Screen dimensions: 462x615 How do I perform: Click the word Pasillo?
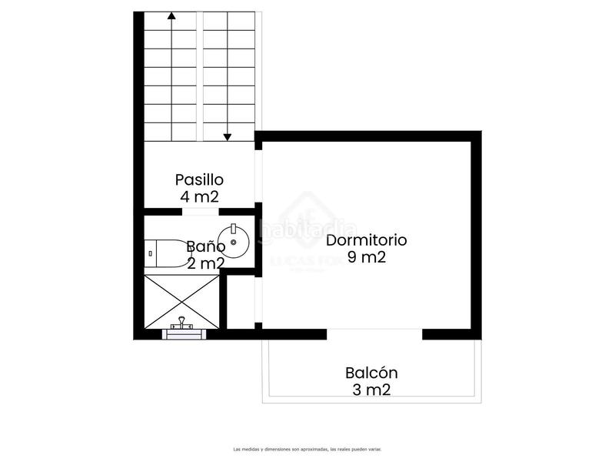(199, 179)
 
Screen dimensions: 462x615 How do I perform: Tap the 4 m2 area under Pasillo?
(199, 196)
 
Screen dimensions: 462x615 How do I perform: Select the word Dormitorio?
(366, 239)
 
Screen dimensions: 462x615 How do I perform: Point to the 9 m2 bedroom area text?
(366, 257)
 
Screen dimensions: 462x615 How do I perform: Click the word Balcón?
(371, 373)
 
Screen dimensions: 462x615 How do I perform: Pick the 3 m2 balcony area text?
(371, 390)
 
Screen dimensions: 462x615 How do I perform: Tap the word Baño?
(205, 248)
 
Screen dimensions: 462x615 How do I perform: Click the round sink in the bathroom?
(234, 243)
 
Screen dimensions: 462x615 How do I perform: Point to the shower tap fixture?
(182, 324)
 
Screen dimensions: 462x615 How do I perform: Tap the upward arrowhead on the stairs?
(171, 15)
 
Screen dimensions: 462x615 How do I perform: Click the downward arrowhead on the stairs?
(228, 137)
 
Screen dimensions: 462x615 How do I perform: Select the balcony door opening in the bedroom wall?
(374, 333)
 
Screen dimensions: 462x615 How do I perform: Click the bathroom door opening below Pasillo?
(200, 211)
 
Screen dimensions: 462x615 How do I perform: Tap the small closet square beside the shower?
(241, 301)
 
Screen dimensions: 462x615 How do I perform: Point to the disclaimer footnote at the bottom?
(307, 449)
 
